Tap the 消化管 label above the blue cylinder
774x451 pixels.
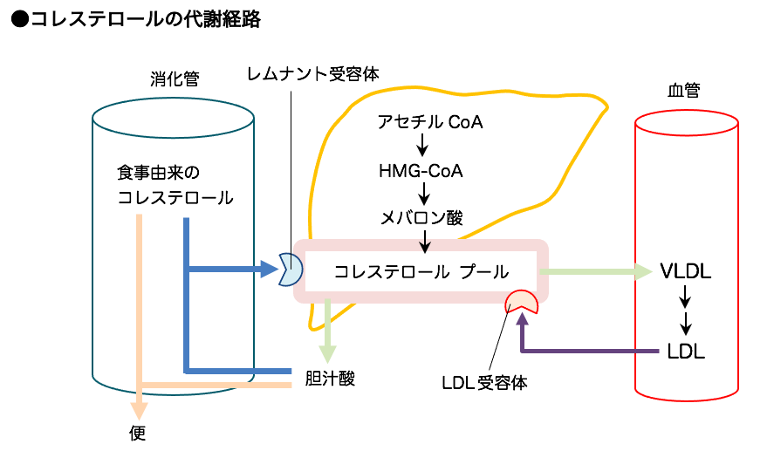175,79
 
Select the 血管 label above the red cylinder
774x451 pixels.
683,91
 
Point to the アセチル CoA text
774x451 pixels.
430,122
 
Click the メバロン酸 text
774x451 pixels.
422,218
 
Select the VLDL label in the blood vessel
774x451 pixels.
686,271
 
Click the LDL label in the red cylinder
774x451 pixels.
686,352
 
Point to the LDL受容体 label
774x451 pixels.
485,382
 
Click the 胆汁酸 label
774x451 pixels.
331,378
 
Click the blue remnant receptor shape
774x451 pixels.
290,270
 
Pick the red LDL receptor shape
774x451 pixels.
522,302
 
